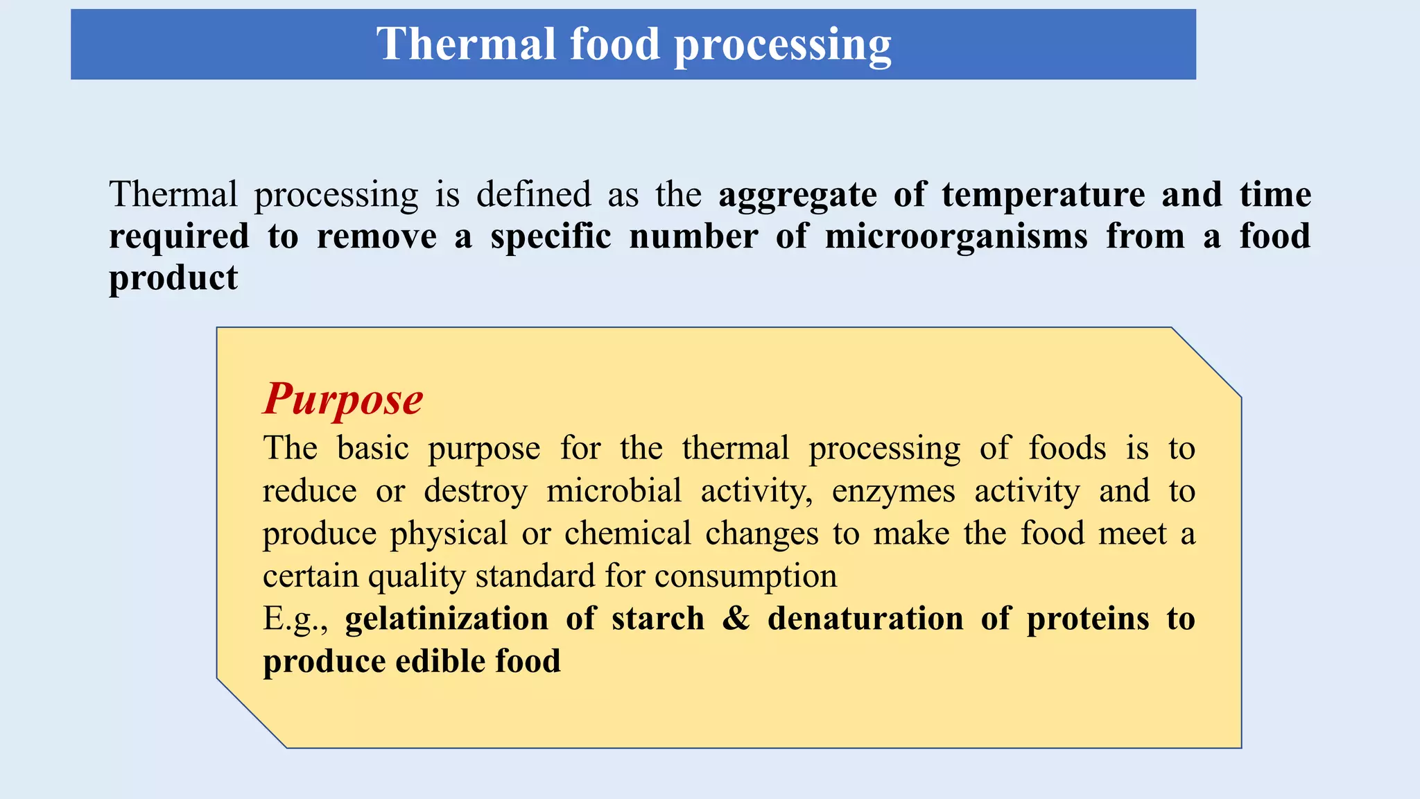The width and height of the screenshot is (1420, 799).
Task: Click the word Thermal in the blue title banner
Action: click(x=466, y=44)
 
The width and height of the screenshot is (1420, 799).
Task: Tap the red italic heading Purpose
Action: click(x=343, y=399)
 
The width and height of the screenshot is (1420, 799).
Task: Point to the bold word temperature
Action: click(x=1043, y=195)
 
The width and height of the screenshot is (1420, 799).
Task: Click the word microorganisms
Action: click(x=956, y=237)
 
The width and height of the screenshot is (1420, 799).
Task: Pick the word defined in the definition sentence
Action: click(x=533, y=195)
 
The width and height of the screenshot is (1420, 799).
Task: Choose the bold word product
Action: click(x=173, y=279)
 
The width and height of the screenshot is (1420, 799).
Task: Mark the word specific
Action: click(x=551, y=237)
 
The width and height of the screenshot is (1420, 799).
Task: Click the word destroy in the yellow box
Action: click(x=476, y=492)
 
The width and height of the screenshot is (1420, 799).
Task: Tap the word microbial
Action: click(x=614, y=492)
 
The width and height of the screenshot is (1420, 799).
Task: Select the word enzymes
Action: click(x=893, y=492)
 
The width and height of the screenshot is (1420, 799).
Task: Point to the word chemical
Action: click(x=627, y=534)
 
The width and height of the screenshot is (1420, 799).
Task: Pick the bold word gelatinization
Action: click(x=447, y=619)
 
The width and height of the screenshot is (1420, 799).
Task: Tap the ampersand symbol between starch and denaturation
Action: click(x=736, y=619)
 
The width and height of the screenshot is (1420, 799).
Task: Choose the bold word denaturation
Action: click(x=865, y=619)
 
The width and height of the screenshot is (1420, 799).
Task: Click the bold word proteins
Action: click(x=1087, y=619)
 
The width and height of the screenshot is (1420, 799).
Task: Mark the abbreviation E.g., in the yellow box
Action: click(x=295, y=619)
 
